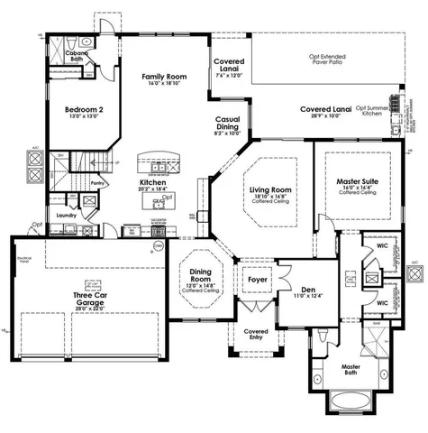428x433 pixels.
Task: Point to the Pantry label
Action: [x=100, y=182]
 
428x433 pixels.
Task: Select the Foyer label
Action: [x=254, y=280]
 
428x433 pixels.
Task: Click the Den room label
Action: [x=308, y=290]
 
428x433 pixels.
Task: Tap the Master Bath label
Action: [x=351, y=371]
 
